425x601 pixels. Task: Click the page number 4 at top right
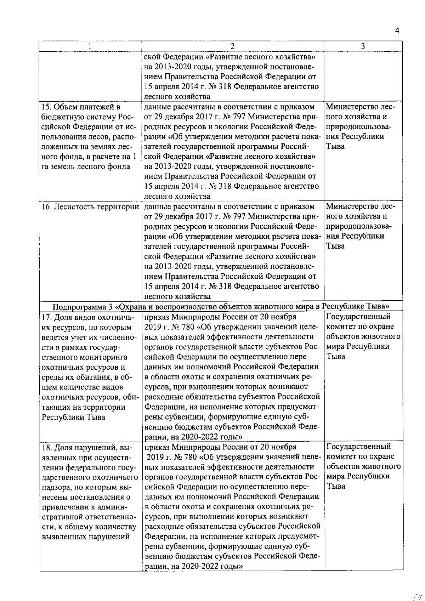click(397, 31)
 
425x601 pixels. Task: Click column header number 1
click(90, 46)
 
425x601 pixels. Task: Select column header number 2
click(232, 46)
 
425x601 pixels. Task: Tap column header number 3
click(363, 46)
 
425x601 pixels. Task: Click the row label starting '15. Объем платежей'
click(81, 107)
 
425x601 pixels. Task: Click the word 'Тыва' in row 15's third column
click(335, 147)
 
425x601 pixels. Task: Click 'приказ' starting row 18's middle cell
click(157, 447)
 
